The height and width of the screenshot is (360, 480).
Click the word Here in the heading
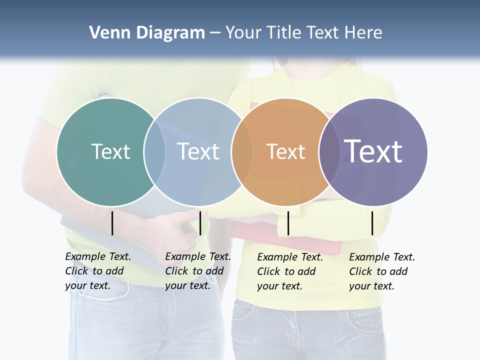pyautogui.click(x=364, y=33)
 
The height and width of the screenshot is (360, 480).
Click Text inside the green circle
pyautogui.click(x=110, y=151)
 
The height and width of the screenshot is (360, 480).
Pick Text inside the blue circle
pyautogui.click(x=198, y=151)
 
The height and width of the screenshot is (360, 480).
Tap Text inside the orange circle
pyautogui.click(x=285, y=151)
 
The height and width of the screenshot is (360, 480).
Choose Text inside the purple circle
pyautogui.click(x=373, y=151)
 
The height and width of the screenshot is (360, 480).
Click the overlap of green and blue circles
pyautogui.click(x=154, y=152)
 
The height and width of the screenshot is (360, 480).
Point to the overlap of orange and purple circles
pyautogui.click(x=329, y=152)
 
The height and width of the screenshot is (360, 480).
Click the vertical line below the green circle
pyautogui.click(x=112, y=223)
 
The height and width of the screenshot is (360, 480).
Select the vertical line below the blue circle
pyautogui.click(x=200, y=223)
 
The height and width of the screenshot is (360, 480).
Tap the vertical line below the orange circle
pyautogui.click(x=288, y=223)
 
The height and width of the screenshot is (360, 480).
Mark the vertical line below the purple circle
pyautogui.click(x=372, y=223)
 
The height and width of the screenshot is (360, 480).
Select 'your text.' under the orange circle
pyautogui.click(x=279, y=286)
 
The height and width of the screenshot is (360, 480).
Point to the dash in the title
pyautogui.click(x=215, y=33)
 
